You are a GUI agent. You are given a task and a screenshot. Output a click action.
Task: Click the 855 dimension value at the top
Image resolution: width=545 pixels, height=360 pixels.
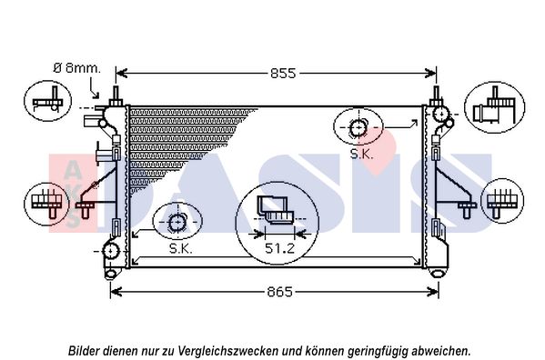(283, 74)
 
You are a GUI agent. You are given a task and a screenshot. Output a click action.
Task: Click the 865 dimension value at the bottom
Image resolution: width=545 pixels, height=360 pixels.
(279, 292)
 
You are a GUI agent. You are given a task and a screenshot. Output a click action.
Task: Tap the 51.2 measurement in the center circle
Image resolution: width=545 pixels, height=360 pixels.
(280, 248)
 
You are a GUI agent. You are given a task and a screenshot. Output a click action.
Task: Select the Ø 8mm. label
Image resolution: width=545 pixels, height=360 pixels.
(76, 68)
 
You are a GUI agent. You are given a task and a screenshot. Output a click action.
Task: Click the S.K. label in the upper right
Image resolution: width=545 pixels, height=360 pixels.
(361, 155)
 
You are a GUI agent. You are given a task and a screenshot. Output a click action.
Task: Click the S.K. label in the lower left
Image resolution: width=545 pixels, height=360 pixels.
(181, 248)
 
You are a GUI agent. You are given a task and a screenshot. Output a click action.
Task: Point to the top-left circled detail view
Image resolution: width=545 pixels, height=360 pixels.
(47, 101)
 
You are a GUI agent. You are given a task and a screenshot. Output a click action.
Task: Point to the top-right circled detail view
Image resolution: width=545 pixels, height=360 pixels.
(495, 107)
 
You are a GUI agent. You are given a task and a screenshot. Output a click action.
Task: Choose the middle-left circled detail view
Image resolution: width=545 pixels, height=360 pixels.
(47, 204)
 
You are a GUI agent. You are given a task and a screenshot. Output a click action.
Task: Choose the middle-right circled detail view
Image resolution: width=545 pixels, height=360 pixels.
(502, 201)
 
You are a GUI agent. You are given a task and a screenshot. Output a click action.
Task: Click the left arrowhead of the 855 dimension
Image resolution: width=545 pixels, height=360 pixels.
(120, 74)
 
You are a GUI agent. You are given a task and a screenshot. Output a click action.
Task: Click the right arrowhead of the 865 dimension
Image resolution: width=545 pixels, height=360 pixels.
(434, 292)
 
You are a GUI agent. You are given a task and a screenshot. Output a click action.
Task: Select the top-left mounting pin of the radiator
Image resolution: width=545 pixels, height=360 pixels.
(116, 95)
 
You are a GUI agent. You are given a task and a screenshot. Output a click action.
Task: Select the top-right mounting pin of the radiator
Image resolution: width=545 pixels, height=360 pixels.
(436, 95)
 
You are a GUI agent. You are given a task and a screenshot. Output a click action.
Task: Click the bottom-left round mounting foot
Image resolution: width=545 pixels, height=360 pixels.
(110, 274)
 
